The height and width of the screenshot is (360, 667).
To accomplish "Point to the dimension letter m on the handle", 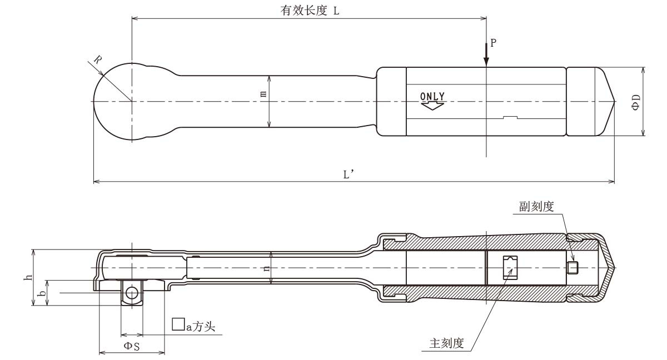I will pyautogui.click(x=263, y=94).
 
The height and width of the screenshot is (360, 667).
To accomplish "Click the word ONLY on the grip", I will pyautogui.click(x=432, y=96).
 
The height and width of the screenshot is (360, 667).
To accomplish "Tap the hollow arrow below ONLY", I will pyautogui.click(x=432, y=105).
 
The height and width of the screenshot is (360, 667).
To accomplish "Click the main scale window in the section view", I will pyautogui.click(x=510, y=268).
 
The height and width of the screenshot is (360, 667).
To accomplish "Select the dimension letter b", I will pyautogui.click(x=42, y=292).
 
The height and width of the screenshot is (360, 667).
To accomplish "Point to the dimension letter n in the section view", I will pyautogui.click(x=267, y=268).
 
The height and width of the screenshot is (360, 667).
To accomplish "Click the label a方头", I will pyautogui.click(x=190, y=326).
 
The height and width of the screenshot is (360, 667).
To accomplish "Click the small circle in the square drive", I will pyautogui.click(x=132, y=293).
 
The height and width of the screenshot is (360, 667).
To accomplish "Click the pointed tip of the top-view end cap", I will pyautogui.click(x=614, y=102).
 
